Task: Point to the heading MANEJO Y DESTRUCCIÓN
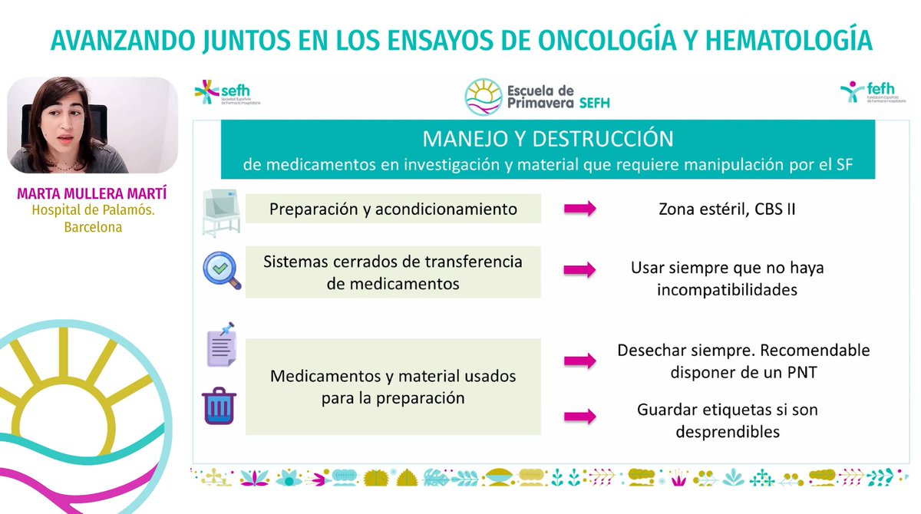point(548,140)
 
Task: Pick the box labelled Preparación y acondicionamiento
point(393,209)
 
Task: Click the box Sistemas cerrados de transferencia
point(393,272)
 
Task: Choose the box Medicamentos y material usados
point(393,387)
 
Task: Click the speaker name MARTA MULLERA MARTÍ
point(93,193)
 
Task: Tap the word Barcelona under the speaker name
point(93,227)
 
